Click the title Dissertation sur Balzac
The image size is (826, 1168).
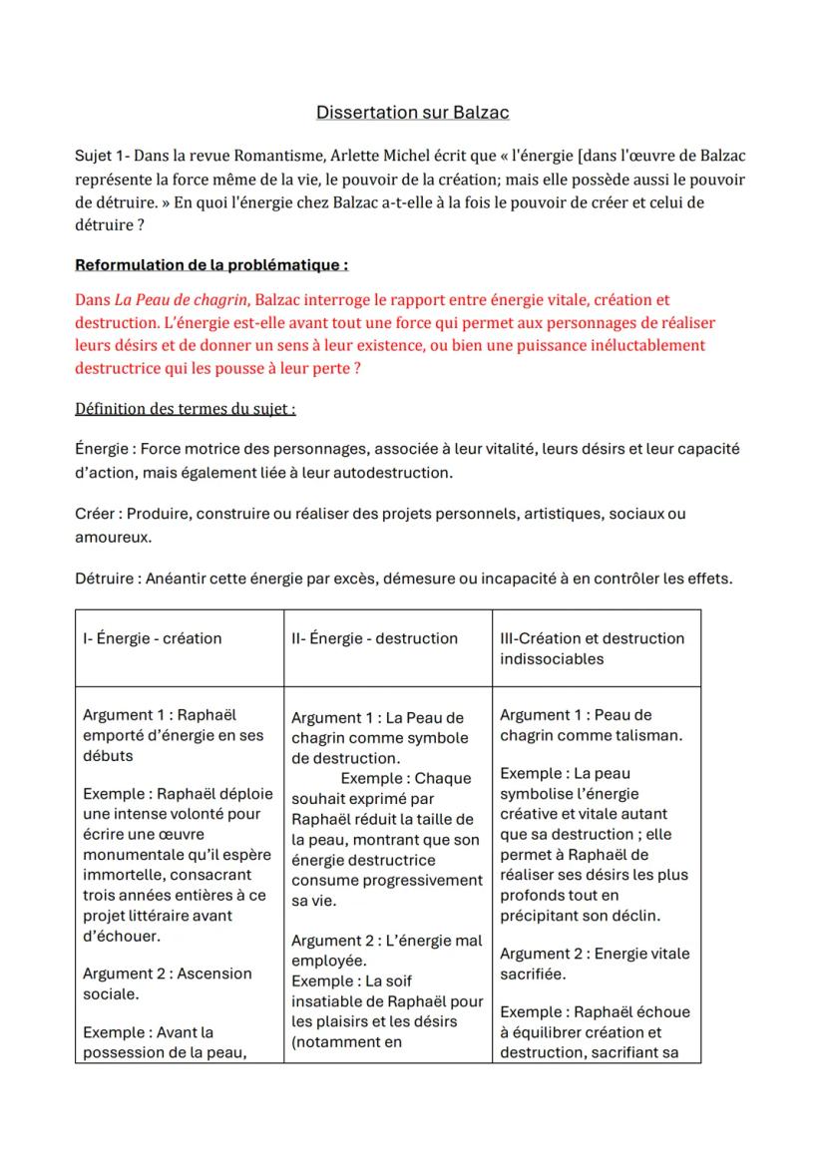(x=412, y=113)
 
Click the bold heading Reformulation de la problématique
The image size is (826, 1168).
(x=211, y=265)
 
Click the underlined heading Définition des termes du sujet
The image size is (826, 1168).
(x=185, y=409)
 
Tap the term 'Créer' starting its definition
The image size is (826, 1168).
(x=96, y=514)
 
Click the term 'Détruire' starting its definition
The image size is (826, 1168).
(x=105, y=579)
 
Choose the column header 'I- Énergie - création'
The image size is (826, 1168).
(x=152, y=638)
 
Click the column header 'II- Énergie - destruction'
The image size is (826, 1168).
(x=374, y=638)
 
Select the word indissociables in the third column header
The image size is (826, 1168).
(x=552, y=658)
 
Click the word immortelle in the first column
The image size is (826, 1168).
(x=121, y=875)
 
